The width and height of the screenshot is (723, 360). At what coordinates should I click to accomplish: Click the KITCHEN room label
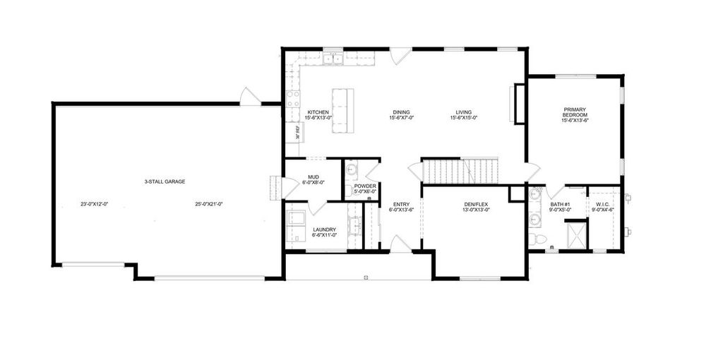318,112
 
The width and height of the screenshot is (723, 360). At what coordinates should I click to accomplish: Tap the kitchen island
342,111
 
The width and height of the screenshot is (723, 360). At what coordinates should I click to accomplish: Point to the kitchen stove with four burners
293,99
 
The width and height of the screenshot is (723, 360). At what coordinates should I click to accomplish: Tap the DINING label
402,112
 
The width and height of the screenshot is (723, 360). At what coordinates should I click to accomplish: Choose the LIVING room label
464,112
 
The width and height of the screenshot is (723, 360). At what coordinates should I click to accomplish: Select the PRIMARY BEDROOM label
575,112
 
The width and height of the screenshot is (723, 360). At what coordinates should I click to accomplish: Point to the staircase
459,169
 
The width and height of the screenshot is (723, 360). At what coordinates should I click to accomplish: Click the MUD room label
313,176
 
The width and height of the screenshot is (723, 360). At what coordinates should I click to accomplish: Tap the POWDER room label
365,186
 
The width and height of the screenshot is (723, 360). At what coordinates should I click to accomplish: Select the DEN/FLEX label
476,205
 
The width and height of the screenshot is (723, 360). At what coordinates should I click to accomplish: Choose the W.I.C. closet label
602,205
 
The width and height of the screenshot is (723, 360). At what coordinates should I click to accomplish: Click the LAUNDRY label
324,229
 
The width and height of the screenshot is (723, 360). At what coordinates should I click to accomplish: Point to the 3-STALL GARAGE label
165,181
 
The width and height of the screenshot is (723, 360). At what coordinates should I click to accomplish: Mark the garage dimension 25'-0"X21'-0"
209,205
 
